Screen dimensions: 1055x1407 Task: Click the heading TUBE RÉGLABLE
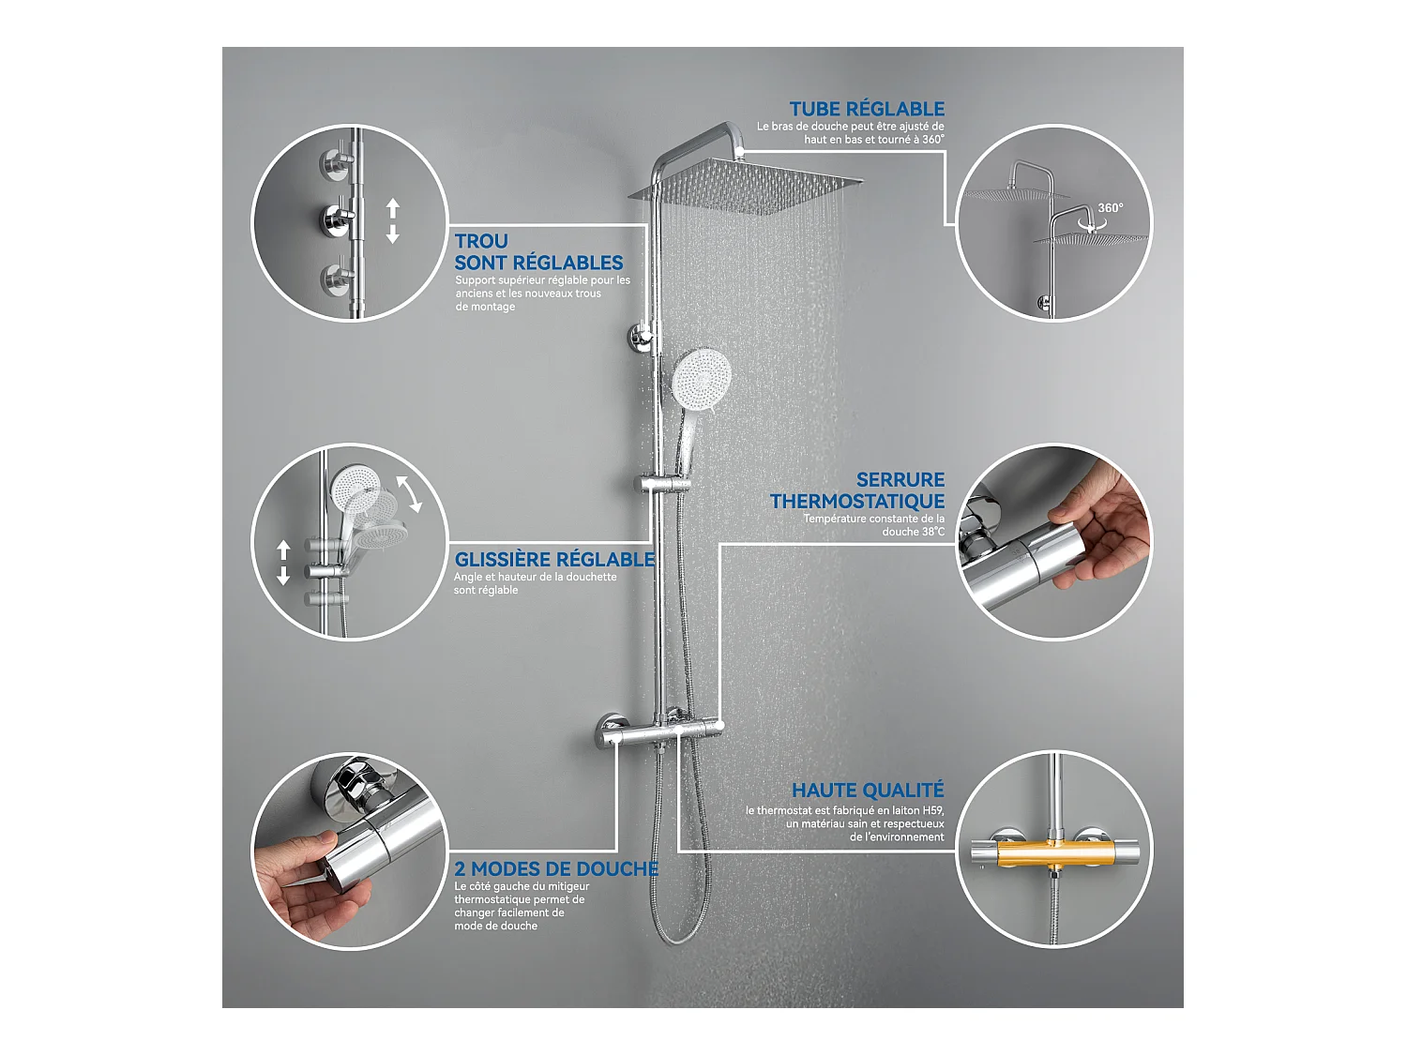866,109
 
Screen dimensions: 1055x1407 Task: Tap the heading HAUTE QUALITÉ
867,791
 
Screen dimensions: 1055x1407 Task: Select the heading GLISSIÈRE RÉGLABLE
553,559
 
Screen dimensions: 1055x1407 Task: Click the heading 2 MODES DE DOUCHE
555,868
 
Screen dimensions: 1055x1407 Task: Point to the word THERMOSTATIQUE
857,502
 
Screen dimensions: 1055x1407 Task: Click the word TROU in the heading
481,241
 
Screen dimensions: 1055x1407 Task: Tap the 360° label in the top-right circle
1110,207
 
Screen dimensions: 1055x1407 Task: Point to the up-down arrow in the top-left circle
393,221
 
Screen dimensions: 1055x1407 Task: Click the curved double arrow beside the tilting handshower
408,493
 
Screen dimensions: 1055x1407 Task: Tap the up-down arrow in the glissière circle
283,563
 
